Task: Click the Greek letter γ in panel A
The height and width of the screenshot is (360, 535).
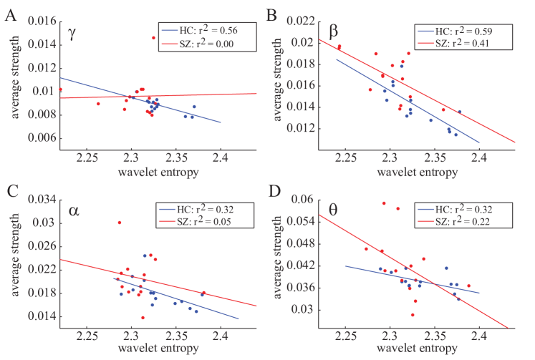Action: point(73,34)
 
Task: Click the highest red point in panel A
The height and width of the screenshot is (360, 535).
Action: point(153,38)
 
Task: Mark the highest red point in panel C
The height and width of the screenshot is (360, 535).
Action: point(120,223)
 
